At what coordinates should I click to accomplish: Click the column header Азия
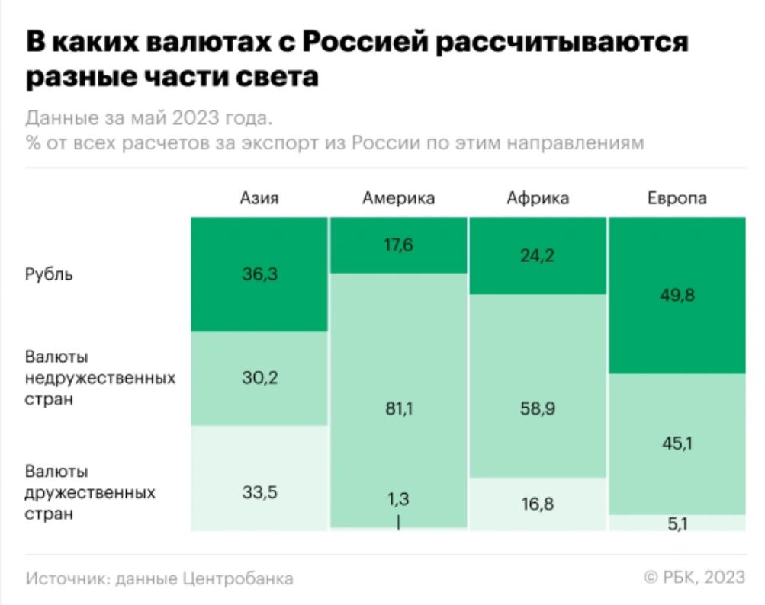click(259, 199)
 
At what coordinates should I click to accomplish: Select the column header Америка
click(398, 199)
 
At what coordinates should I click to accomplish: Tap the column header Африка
click(538, 199)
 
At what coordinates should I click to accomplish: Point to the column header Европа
click(677, 199)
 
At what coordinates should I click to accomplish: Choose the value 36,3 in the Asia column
click(260, 274)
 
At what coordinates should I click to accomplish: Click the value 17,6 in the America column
click(398, 245)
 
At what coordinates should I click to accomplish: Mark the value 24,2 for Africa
click(538, 255)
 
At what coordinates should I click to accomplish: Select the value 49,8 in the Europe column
click(677, 295)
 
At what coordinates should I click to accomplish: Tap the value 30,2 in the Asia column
click(260, 379)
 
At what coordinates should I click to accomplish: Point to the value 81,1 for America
click(398, 409)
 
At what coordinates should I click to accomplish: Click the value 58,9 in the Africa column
click(538, 409)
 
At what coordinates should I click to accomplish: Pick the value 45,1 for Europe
click(677, 444)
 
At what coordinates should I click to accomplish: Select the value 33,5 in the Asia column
click(260, 491)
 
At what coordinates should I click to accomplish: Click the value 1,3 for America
click(398, 499)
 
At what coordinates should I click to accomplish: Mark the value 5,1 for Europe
click(677, 523)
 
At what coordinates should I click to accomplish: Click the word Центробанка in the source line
click(238, 578)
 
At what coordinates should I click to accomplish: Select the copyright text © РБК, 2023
click(694, 578)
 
